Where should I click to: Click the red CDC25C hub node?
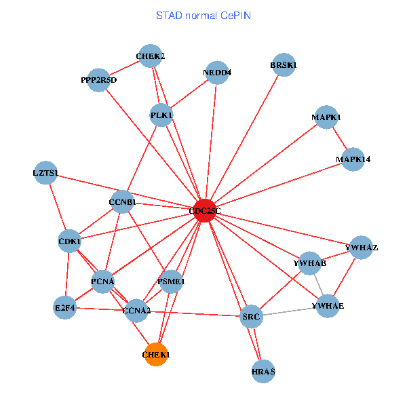point(204,211)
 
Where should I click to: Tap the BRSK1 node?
point(284,65)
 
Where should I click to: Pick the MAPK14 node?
point(353,159)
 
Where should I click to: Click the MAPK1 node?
point(326,117)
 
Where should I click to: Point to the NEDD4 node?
point(216,73)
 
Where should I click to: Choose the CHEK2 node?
point(150,56)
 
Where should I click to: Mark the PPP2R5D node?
point(99,80)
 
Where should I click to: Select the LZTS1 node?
point(45,173)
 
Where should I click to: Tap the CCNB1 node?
point(122,202)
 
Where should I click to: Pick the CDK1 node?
point(69,241)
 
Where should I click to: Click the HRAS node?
point(263,372)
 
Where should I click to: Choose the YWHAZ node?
point(362,248)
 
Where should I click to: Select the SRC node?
point(251,316)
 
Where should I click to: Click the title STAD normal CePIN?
point(203,15)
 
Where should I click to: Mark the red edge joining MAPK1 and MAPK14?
point(340,138)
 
